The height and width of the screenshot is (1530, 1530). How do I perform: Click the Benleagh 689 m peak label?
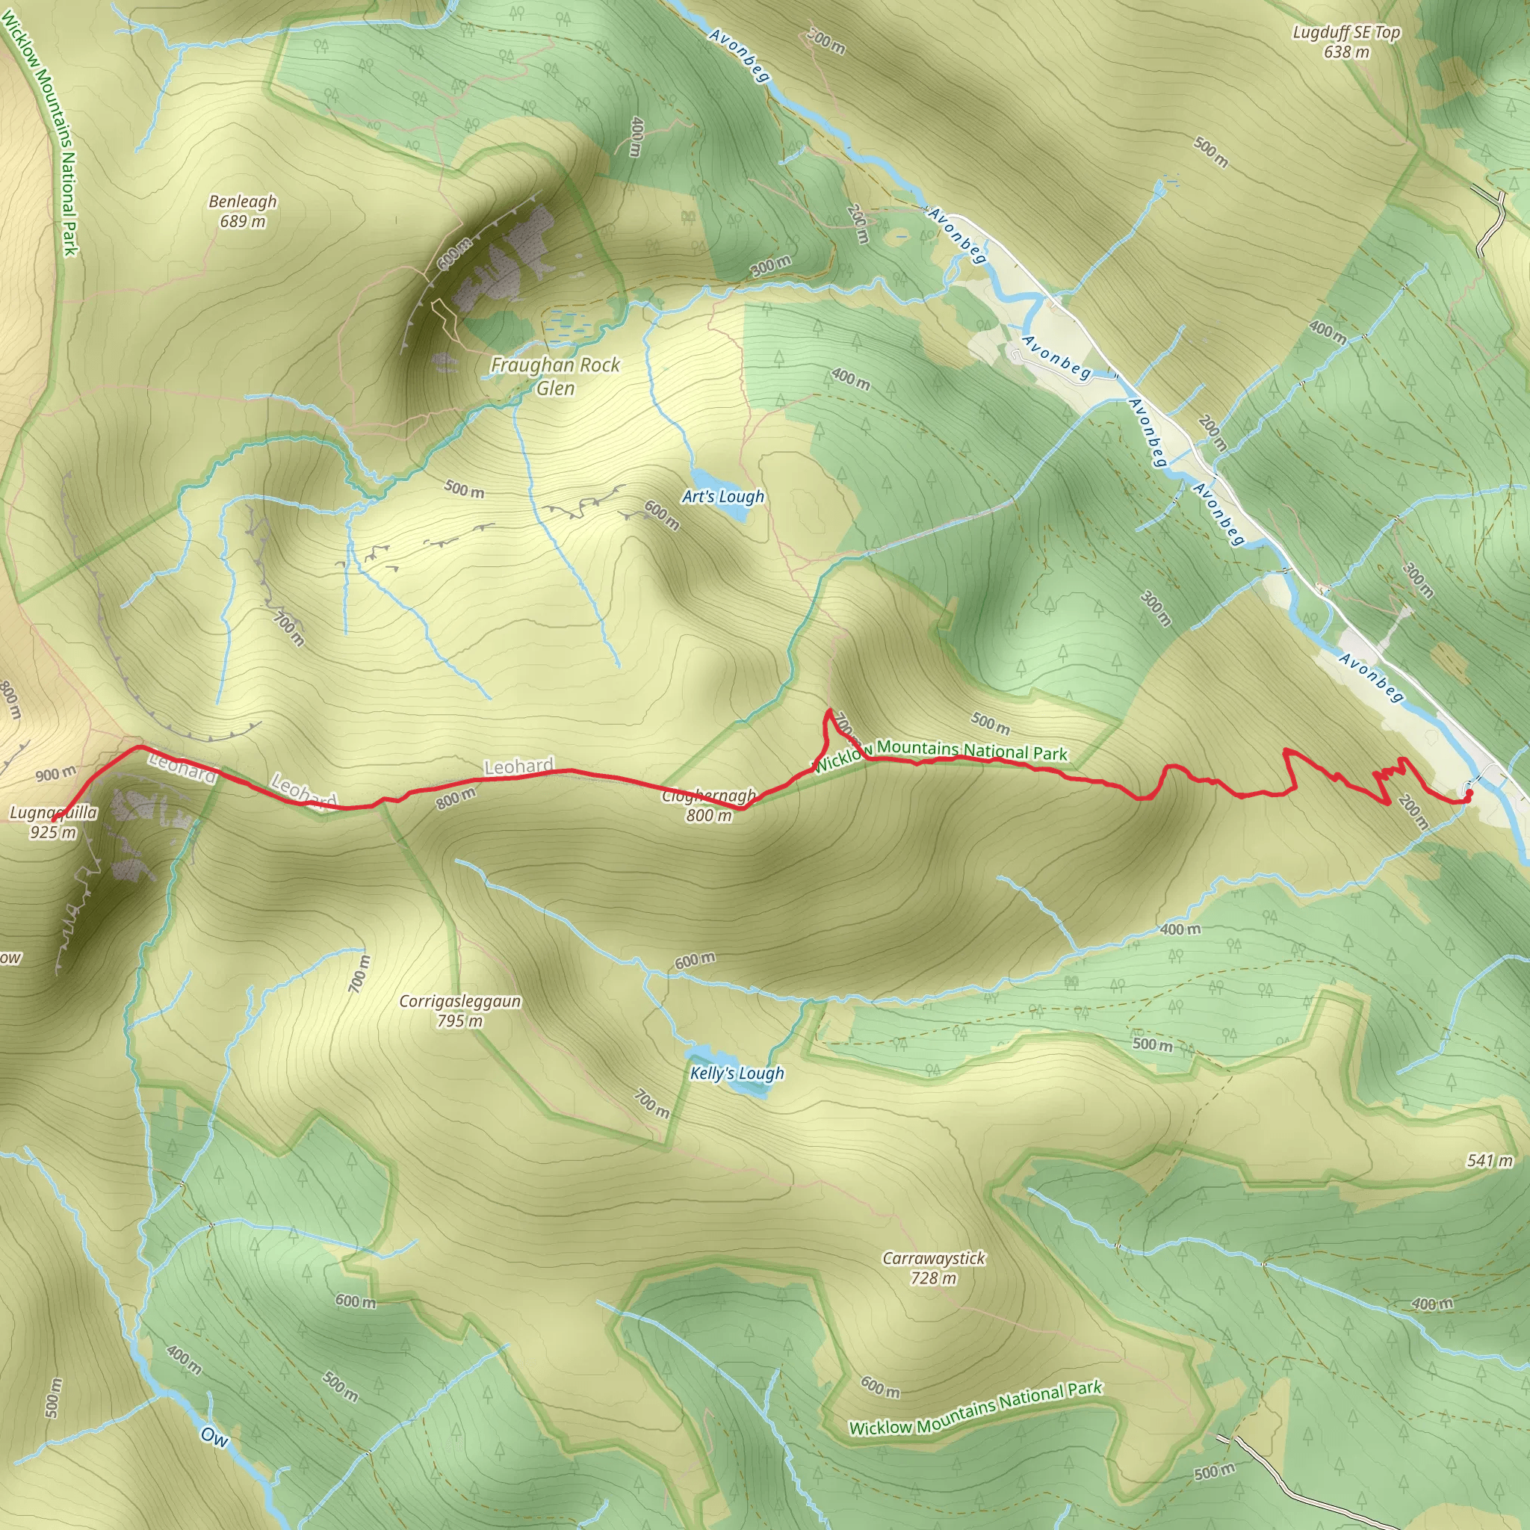tap(242, 211)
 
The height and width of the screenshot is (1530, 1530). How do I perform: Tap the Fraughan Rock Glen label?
tap(555, 377)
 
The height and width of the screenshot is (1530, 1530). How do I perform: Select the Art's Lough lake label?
tap(723, 497)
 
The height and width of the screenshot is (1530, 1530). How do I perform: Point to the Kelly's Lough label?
tap(737, 1073)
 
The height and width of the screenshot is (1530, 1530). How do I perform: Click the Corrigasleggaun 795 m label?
tap(460, 1011)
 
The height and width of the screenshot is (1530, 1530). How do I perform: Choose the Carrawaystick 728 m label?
tap(934, 1268)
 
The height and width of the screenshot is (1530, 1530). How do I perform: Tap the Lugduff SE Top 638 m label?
tap(1346, 42)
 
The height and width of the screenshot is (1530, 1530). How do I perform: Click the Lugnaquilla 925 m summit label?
tap(53, 822)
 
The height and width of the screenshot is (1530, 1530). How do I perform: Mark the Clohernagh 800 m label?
tap(709, 805)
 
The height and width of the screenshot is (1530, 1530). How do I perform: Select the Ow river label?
tap(214, 1436)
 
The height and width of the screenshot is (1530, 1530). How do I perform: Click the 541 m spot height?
tap(1490, 1161)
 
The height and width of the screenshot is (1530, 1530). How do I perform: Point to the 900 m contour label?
tap(55, 774)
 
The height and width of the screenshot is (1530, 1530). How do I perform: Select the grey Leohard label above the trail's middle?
tap(518, 766)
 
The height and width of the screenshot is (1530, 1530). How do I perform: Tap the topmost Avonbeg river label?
tap(739, 55)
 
